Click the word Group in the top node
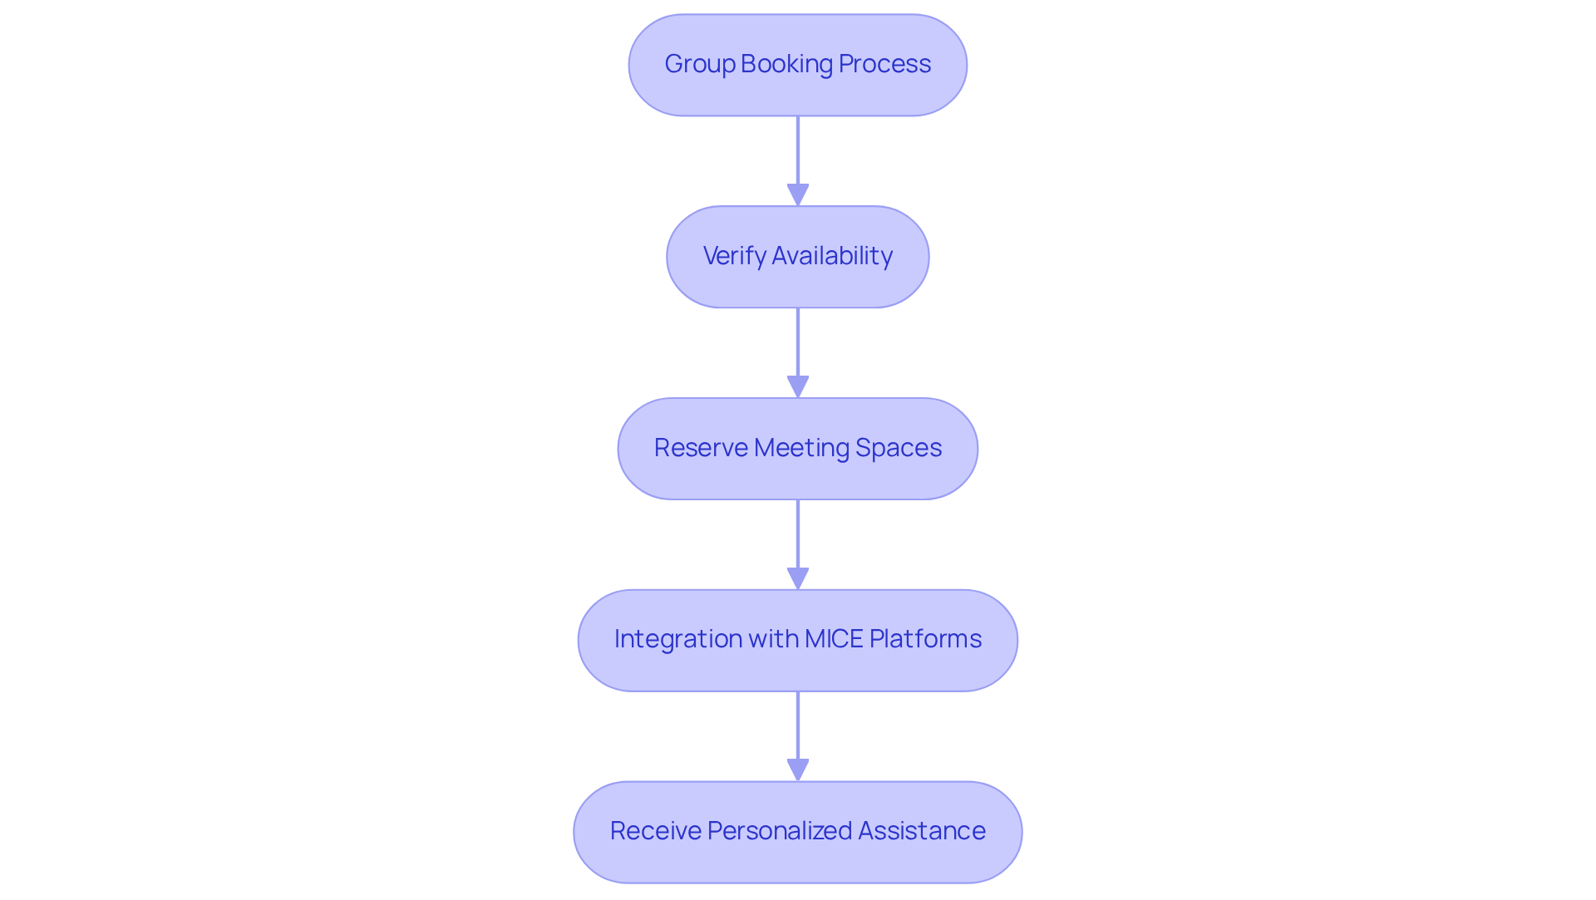[x=699, y=65]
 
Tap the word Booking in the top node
[x=786, y=65]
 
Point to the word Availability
[x=832, y=256]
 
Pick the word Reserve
[x=701, y=448]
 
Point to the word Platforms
[x=925, y=639]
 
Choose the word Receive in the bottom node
[x=655, y=831]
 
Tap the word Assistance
[x=922, y=831]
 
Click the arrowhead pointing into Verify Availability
[x=798, y=194]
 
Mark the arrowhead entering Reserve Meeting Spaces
[x=798, y=386]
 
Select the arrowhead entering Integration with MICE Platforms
[x=798, y=578]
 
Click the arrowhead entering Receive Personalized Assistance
[x=798, y=770]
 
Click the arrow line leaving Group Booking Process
[x=798, y=150]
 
